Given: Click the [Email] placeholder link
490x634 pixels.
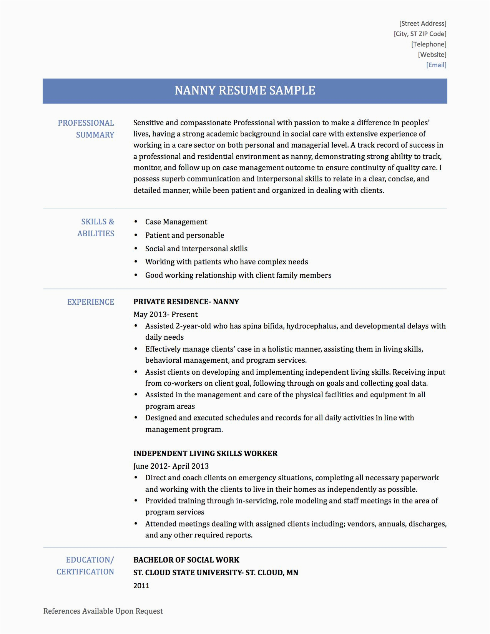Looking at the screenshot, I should [436, 65].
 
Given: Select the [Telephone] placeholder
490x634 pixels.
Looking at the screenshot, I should [429, 44].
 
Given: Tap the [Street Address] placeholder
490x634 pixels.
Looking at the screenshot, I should [423, 23].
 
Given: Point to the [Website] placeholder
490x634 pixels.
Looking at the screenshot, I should [432, 55].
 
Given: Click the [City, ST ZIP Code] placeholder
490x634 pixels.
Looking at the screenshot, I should [420, 34].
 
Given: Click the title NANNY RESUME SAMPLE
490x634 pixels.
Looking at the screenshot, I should [245, 91].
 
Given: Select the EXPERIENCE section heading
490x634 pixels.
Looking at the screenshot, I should [91, 302].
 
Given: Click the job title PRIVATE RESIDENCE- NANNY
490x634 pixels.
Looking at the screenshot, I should [186, 302].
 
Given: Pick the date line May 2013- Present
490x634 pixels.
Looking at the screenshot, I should [165, 314].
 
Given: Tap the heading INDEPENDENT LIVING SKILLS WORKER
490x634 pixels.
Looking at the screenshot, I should [205, 453].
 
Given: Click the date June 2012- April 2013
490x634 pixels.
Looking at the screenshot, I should [171, 466].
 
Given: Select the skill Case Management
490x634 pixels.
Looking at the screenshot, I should [176, 222].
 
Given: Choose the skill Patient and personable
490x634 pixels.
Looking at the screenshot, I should [184, 235].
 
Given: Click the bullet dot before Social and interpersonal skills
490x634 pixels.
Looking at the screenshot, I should [136, 249].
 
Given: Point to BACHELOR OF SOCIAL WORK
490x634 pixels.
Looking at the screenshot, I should [186, 560].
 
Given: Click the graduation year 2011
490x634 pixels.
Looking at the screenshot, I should [141, 586].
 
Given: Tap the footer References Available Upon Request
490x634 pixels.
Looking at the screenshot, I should [103, 611].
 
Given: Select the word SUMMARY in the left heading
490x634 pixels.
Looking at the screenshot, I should [95, 135].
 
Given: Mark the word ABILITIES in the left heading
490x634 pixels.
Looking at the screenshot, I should [96, 234].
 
